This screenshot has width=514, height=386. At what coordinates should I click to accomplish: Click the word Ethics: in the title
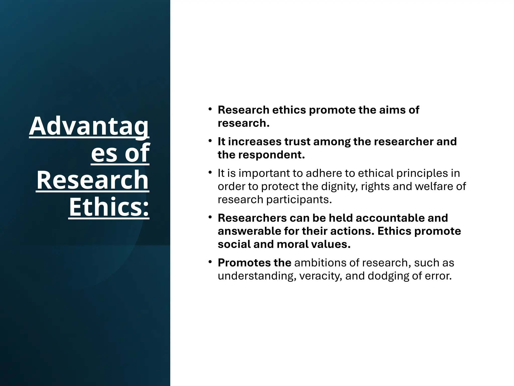tap(109, 207)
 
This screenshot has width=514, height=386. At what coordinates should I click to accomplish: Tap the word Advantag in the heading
tap(89, 126)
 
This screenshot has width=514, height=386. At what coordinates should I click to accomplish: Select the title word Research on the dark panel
tap(93, 180)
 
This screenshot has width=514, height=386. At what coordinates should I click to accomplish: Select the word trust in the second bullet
tap(297, 141)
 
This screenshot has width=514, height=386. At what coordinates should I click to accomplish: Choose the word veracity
tap(320, 276)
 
